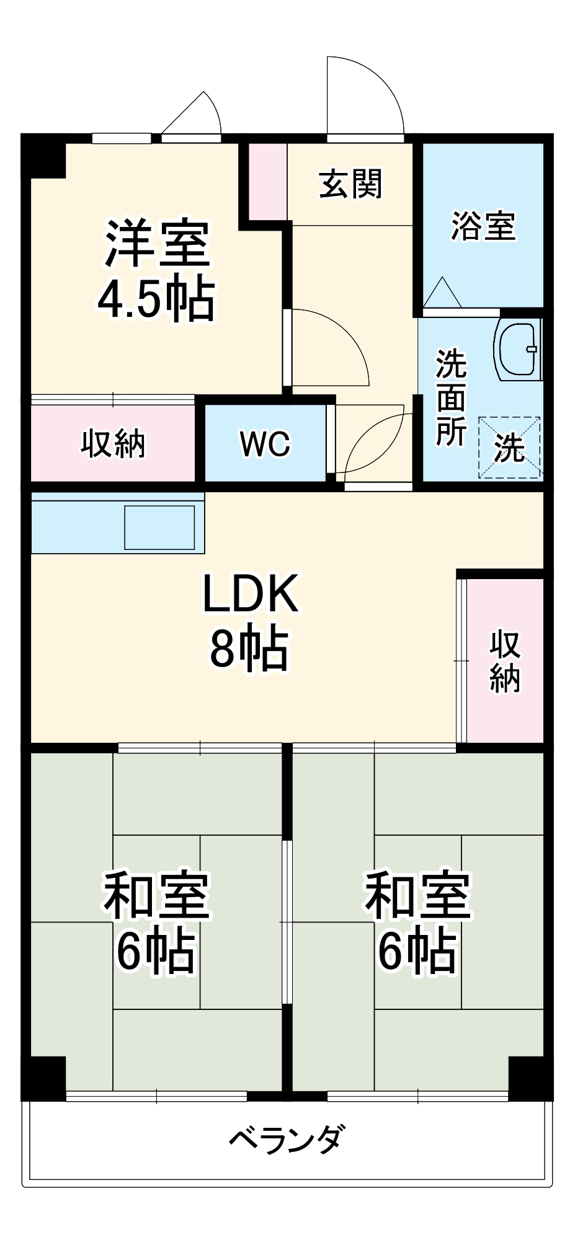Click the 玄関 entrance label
[x=351, y=184]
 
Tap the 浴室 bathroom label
[x=483, y=226]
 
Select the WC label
[x=265, y=444]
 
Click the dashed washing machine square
[x=509, y=448]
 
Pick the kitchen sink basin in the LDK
[x=159, y=528]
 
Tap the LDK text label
[x=251, y=594]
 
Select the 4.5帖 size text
[x=156, y=299]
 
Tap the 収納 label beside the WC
[x=113, y=444]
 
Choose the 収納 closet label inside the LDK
[x=505, y=661]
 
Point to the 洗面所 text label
[x=451, y=397]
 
